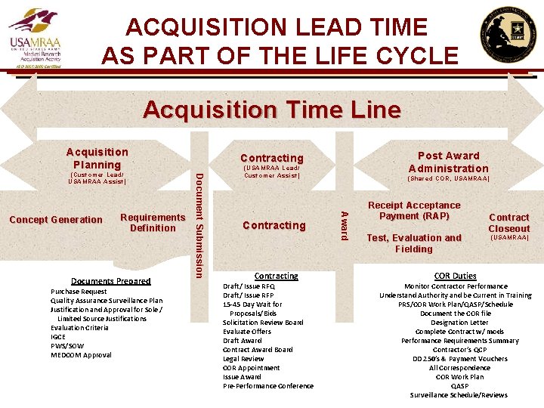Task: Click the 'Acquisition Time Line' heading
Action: pyautogui.click(x=272, y=110)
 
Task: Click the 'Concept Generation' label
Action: pyautogui.click(x=56, y=220)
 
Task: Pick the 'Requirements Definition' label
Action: pyautogui.click(x=153, y=222)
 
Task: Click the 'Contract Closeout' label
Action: pyautogui.click(x=508, y=223)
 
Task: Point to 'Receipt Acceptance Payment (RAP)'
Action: pyautogui.click(x=414, y=211)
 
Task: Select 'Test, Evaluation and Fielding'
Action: pyautogui.click(x=413, y=243)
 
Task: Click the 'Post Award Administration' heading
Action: pyautogui.click(x=448, y=162)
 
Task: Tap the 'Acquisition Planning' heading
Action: pyautogui.click(x=97, y=158)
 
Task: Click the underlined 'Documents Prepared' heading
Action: pyautogui.click(x=110, y=281)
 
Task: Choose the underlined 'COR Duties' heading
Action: pyautogui.click(x=455, y=276)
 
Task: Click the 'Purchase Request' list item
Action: pyautogui.click(x=79, y=292)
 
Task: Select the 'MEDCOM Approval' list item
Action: pyautogui.click(x=81, y=355)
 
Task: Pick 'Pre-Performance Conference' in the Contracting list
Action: pyautogui.click(x=268, y=386)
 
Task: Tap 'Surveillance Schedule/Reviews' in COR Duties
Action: pyautogui.click(x=459, y=395)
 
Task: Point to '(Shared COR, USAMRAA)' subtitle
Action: pyautogui.click(x=449, y=179)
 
